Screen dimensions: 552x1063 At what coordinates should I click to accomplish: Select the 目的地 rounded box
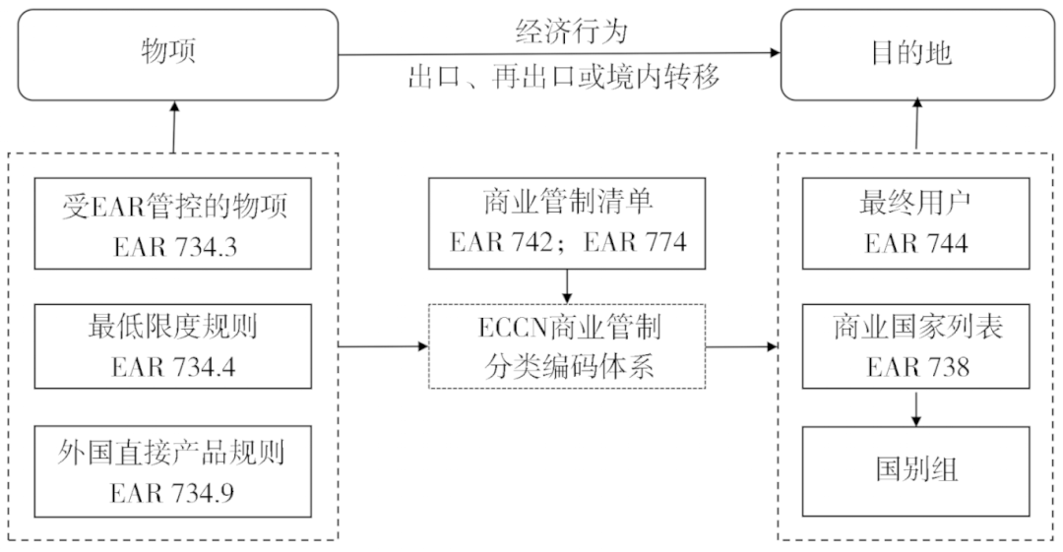click(915, 54)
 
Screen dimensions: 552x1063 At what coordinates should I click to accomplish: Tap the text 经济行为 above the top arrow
click(571, 32)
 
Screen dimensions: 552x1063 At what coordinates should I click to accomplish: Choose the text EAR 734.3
click(173, 243)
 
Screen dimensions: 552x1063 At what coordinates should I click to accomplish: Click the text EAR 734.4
click(173, 367)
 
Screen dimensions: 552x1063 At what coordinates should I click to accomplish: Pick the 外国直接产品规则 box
click(173, 471)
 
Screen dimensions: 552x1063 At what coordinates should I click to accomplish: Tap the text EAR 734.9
click(173, 491)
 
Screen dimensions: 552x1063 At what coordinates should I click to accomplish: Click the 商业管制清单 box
click(568, 223)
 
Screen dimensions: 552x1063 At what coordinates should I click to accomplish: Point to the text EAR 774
click(635, 243)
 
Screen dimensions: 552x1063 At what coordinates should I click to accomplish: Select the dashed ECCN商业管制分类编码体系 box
click(568, 346)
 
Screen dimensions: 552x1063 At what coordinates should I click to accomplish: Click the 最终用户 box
click(916, 223)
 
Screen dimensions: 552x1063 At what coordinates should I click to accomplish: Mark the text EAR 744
click(916, 243)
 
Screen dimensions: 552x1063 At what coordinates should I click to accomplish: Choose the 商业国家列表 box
click(916, 347)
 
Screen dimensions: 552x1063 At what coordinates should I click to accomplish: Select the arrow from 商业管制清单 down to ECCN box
click(568, 286)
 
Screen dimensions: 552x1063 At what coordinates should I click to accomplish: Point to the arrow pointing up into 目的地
click(916, 125)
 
